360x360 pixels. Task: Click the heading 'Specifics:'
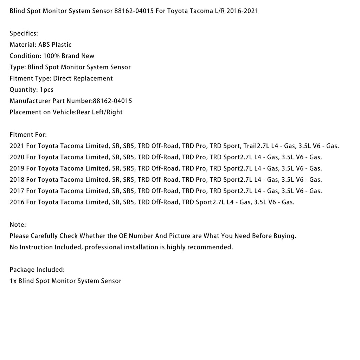coord(24,33)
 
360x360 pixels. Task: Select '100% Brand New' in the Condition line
coord(69,56)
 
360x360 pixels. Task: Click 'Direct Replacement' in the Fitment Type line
coord(83,78)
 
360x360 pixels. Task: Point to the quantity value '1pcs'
coord(46,90)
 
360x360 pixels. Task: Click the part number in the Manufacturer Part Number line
coord(112,101)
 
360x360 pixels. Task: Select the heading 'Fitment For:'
coord(28,135)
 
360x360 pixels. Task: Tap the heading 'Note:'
coord(18,225)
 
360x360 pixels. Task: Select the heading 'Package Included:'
coord(37,270)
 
